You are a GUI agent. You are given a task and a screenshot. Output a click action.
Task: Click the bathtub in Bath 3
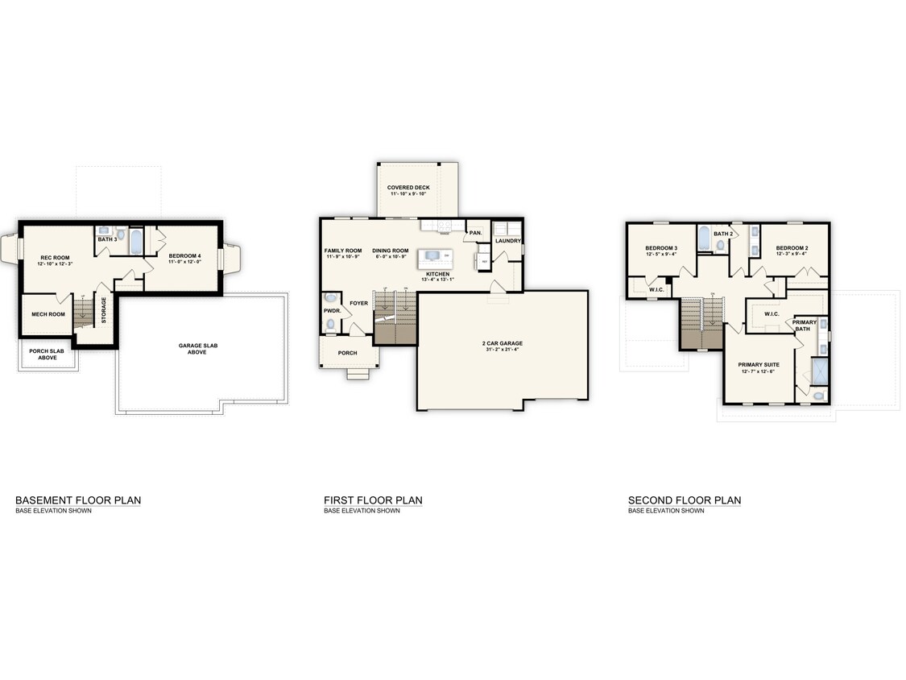point(135,239)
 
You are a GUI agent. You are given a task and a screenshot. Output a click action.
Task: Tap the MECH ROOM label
point(48,314)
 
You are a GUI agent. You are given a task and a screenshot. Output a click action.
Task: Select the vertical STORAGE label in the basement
point(104,311)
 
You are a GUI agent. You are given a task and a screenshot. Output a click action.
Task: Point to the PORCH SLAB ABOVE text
point(48,354)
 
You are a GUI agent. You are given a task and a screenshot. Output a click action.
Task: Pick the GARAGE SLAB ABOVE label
point(198,348)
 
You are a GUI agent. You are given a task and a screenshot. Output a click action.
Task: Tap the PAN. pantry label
point(476,233)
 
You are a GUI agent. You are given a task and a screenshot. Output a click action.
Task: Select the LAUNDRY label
point(508,240)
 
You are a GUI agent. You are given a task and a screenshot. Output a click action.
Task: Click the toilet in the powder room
point(330,323)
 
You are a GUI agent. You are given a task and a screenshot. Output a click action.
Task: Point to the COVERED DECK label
point(408,187)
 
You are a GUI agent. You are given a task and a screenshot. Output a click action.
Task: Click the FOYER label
point(358,304)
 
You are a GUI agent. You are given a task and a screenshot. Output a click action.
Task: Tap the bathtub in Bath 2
point(704,239)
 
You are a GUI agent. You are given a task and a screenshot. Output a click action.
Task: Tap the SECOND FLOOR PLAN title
point(684,500)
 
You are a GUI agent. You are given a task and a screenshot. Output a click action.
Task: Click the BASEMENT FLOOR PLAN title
point(78,500)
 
